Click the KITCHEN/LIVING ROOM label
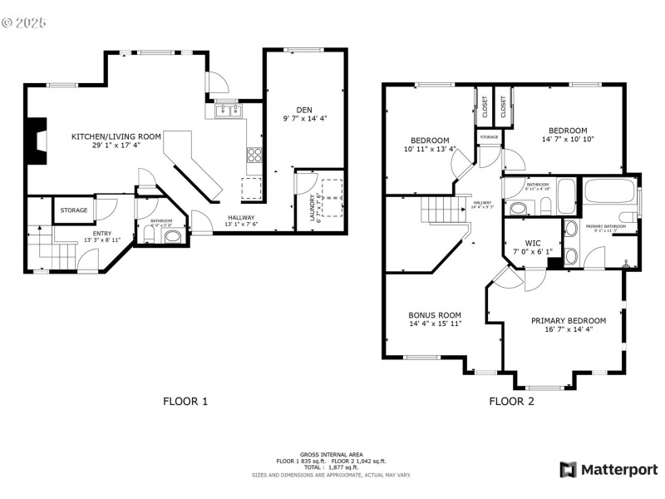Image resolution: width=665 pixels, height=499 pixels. coord(105,141)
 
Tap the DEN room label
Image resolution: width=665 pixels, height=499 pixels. coord(304,114)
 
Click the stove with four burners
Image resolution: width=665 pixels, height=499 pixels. coord(254,154)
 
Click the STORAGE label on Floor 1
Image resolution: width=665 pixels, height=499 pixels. coord(73,210)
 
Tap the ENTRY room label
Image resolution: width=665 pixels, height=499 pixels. coord(101,235)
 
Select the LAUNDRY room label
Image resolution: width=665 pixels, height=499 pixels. coord(313,208)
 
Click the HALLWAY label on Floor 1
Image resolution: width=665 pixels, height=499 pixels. coord(242,221)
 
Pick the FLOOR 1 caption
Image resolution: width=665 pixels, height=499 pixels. coord(185,401)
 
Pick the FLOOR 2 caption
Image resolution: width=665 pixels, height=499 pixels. coord(511,401)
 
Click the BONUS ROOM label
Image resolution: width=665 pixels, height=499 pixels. coord(435,319)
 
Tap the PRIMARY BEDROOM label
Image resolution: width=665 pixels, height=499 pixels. coord(569,324)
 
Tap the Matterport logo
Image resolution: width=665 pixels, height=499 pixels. coord(608,469)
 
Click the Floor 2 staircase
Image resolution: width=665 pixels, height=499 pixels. coord(437,210)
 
